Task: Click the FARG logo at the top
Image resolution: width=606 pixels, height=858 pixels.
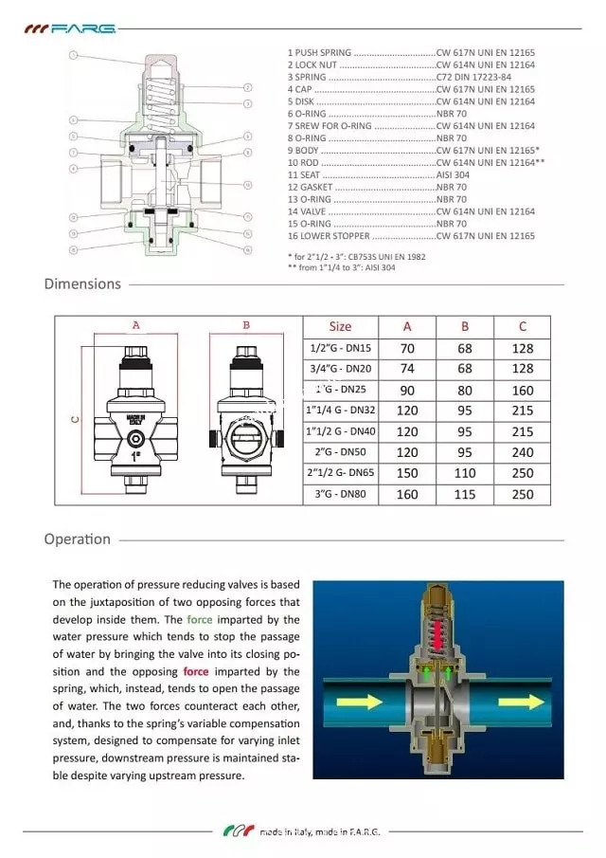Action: pos(70,28)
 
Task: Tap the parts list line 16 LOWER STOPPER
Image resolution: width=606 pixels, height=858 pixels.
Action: pos(330,236)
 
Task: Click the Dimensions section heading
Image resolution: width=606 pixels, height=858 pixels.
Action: pos(82,283)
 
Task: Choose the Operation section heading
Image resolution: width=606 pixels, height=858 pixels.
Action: pos(77,539)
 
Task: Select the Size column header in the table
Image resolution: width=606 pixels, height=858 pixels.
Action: pos(340,326)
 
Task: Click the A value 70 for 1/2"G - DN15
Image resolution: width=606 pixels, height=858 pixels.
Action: pos(407,348)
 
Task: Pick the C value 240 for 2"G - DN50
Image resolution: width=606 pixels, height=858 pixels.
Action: pos(522,452)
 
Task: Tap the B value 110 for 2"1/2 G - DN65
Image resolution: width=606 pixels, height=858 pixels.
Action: pos(465,473)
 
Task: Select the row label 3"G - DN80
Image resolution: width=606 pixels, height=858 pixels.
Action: pos(340,494)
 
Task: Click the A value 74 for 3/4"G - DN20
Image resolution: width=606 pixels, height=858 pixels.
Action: pos(407,369)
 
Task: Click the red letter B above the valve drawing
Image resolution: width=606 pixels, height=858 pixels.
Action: pos(246,325)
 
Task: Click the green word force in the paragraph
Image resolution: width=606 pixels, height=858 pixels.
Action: pos(200,619)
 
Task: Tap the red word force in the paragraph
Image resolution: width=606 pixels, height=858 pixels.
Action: pos(196,671)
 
